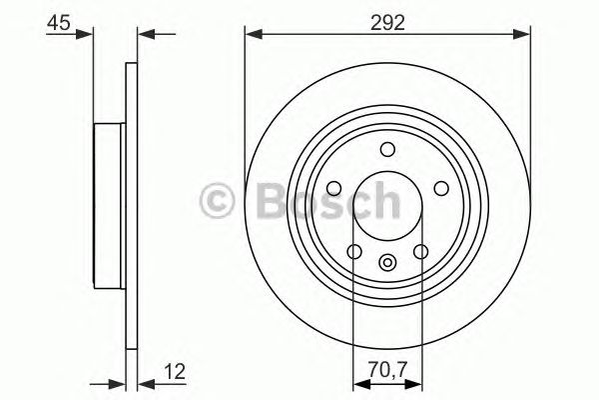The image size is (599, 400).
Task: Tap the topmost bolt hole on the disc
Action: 387,151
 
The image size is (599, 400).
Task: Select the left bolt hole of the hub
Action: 333,189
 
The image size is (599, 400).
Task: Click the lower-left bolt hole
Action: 353,251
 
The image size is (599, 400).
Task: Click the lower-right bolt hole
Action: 420,251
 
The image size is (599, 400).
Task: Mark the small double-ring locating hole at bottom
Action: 387,263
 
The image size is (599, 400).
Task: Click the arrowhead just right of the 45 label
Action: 87,35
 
